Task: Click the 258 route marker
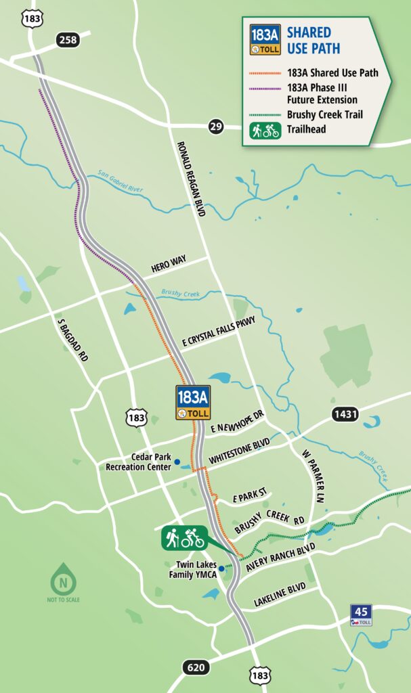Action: click(x=68, y=41)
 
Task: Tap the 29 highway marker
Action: click(x=216, y=127)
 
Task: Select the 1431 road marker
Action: click(x=345, y=414)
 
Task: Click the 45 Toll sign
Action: click(x=360, y=615)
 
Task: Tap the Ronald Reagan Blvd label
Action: click(x=191, y=179)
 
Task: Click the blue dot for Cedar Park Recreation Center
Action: click(x=177, y=462)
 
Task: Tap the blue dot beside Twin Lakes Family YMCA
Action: click(x=221, y=568)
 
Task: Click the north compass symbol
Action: click(x=63, y=579)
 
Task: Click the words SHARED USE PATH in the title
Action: click(x=313, y=41)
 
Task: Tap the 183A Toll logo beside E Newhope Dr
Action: click(x=193, y=403)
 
